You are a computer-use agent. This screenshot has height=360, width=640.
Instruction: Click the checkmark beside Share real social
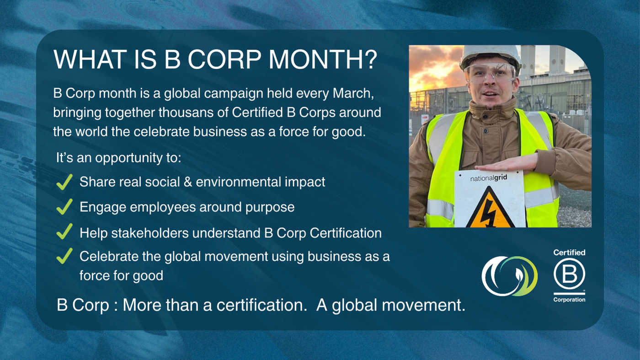pyautogui.click(x=64, y=182)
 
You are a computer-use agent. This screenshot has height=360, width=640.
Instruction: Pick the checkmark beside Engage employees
pyautogui.click(x=64, y=207)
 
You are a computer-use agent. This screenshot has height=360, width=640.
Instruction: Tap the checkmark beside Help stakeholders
pyautogui.click(x=64, y=231)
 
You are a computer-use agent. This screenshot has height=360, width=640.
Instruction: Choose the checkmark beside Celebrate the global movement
pyautogui.click(x=64, y=256)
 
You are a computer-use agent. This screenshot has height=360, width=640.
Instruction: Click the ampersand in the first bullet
pyautogui.click(x=188, y=182)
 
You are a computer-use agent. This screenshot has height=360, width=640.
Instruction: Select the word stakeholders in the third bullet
pyautogui.click(x=150, y=233)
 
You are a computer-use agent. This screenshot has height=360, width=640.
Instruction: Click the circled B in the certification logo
pyautogui.click(x=569, y=274)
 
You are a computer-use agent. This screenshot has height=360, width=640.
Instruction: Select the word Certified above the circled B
pyautogui.click(x=569, y=253)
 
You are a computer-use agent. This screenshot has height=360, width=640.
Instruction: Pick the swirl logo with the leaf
pyautogui.click(x=509, y=276)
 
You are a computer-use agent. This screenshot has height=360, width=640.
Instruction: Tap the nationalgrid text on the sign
pyautogui.click(x=489, y=178)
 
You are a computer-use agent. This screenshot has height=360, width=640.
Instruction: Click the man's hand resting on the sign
pyautogui.click(x=507, y=164)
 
